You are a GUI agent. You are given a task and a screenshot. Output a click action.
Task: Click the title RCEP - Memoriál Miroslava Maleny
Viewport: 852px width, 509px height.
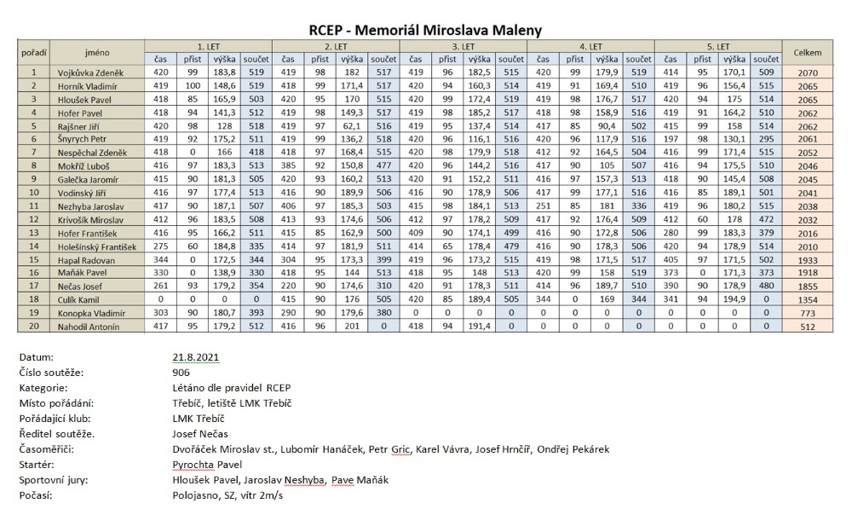point(425,30)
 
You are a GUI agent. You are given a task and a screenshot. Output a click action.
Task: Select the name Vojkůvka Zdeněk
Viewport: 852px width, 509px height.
point(91,72)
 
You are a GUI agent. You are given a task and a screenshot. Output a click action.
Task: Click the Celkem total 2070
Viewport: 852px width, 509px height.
point(808,72)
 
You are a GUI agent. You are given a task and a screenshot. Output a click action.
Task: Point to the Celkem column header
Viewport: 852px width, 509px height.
point(808,53)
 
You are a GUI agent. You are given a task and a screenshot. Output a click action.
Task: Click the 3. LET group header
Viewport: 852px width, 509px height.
point(463,47)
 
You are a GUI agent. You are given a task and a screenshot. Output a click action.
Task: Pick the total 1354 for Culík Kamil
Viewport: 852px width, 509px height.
point(808,300)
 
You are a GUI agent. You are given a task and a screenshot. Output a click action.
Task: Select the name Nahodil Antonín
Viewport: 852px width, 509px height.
point(89,327)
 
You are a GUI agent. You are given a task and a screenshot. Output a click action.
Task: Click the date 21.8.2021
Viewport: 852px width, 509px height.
point(196,357)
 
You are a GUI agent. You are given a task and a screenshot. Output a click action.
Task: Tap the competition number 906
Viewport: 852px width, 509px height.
point(181,373)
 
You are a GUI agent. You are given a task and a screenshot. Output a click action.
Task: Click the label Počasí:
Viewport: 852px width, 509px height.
point(36,495)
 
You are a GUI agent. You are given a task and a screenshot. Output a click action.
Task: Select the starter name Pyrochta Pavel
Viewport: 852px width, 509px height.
point(207,465)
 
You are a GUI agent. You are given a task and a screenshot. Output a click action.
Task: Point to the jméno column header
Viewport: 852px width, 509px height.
point(97,53)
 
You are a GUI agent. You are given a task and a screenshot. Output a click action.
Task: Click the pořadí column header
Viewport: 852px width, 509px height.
point(34,54)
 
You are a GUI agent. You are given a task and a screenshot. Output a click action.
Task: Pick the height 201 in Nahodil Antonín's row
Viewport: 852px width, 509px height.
point(352,327)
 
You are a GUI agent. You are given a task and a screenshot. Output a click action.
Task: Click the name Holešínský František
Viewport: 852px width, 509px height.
point(97,247)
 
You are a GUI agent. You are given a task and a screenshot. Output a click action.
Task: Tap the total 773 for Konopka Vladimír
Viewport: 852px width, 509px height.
point(808,313)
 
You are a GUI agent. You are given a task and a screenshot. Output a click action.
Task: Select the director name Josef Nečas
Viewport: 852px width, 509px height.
point(200,434)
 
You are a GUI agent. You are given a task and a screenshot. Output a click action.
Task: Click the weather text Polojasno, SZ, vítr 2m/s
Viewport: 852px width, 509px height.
point(227,495)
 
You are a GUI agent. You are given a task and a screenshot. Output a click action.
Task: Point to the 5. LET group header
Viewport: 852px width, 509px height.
point(718,47)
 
